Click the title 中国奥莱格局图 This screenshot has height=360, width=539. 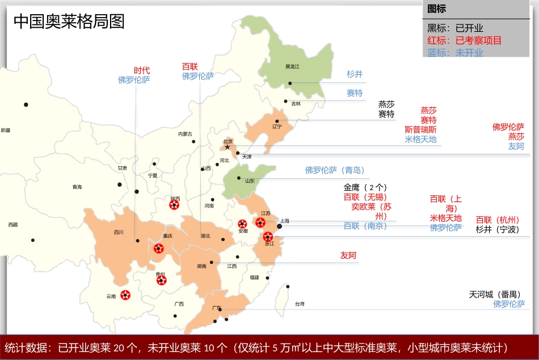point(69,22)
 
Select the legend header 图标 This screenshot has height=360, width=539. point(436,9)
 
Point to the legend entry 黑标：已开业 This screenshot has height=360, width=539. point(455,28)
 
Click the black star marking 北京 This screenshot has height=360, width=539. point(228,147)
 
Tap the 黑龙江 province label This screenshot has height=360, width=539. point(292,66)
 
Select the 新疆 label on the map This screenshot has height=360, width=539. point(5,130)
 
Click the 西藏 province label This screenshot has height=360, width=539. point(12,225)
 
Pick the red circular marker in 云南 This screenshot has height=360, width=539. point(125,295)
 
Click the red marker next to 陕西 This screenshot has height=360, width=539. point(175,205)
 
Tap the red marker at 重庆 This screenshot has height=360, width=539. point(159,248)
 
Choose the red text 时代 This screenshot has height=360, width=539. point(142,70)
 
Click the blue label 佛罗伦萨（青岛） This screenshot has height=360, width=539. point(335,170)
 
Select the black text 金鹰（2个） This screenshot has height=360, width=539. point(365,187)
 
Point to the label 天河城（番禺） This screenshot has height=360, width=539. point(494,294)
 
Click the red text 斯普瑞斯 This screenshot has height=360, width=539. point(420,129)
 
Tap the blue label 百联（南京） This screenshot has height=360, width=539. point(365,225)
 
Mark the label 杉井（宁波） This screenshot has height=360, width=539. point(497,229)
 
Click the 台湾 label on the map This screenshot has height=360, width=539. point(299,304)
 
